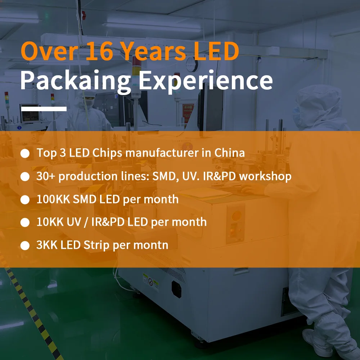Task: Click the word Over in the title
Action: (49, 51)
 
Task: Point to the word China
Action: (230, 153)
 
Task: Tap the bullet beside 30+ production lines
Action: (25, 177)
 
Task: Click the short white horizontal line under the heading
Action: (44, 108)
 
